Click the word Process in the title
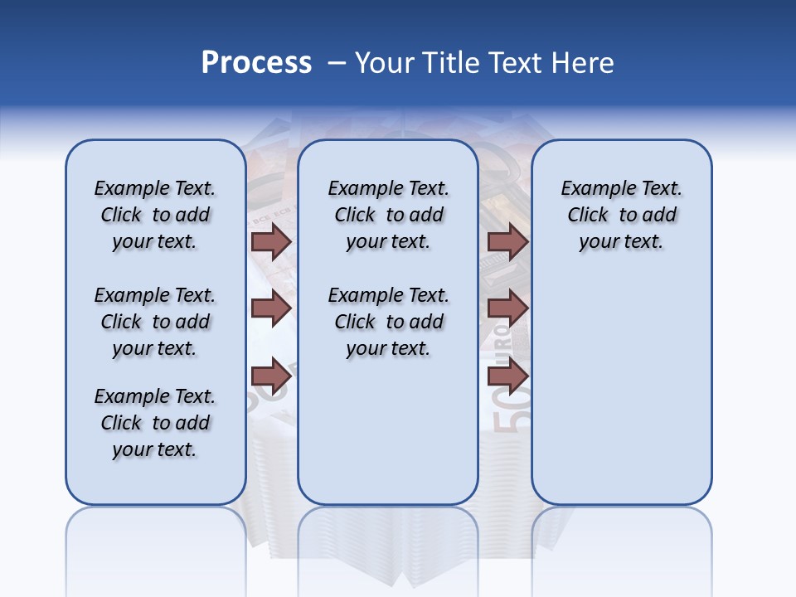(256, 62)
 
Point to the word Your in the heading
(384, 63)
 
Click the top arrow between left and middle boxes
(271, 241)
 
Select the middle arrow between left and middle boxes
(271, 308)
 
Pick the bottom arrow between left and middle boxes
(271, 374)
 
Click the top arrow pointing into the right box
(508, 241)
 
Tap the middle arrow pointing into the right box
(508, 308)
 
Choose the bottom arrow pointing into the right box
(508, 376)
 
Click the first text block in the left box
(155, 215)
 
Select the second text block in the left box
(155, 322)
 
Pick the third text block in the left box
(155, 423)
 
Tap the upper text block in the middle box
(389, 215)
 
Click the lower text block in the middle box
(389, 322)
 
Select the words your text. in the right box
(621, 241)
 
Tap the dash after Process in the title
(337, 63)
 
